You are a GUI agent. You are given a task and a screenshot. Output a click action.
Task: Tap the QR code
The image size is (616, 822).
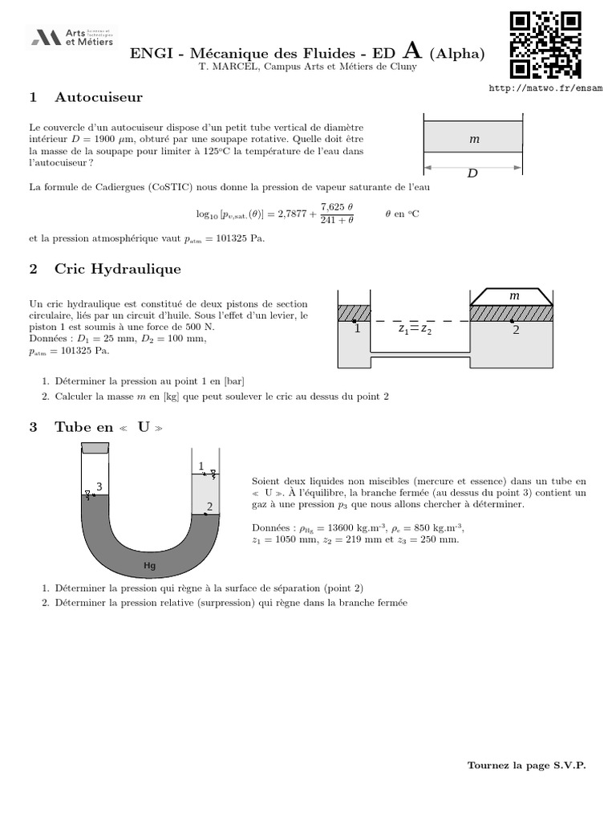pyautogui.click(x=545, y=45)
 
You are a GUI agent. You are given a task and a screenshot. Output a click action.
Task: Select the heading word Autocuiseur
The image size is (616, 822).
pyautogui.click(x=99, y=97)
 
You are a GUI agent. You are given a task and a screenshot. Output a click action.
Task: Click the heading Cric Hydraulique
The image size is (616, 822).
pyautogui.click(x=117, y=268)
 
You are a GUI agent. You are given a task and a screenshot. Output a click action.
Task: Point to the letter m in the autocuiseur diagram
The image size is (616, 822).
pyautogui.click(x=474, y=140)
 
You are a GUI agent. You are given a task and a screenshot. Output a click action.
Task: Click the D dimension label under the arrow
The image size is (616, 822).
pyautogui.click(x=472, y=173)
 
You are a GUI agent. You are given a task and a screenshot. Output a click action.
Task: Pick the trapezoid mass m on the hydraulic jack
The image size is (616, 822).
pyautogui.click(x=511, y=296)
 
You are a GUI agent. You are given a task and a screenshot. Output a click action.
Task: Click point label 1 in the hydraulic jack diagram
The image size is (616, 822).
pyautogui.click(x=357, y=329)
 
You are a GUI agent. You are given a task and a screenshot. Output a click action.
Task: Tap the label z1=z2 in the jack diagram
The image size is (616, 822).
pyautogui.click(x=415, y=329)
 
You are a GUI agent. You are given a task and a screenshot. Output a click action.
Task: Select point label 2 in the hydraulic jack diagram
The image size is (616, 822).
pyautogui.click(x=516, y=330)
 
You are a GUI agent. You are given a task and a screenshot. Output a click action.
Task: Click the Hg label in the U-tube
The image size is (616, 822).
pyautogui.click(x=149, y=566)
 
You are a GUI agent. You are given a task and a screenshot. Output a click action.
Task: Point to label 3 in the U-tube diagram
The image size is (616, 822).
pyautogui.click(x=99, y=486)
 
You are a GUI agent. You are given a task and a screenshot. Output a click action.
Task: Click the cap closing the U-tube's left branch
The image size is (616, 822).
pyautogui.click(x=95, y=448)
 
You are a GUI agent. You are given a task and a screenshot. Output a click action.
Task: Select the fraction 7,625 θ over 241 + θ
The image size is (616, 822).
pyautogui.click(x=337, y=214)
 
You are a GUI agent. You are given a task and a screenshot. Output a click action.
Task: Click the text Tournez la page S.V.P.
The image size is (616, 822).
pyautogui.click(x=526, y=766)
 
